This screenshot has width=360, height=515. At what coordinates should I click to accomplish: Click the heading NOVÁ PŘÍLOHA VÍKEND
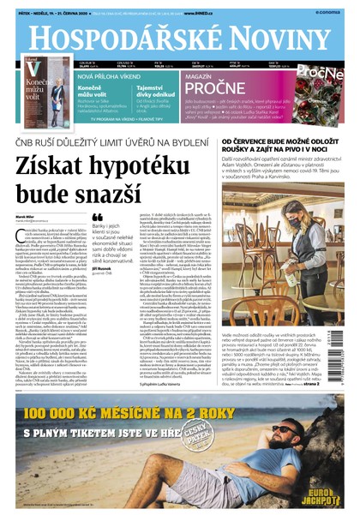[x=100, y=76]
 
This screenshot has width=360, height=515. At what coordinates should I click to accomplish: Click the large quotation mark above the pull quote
[x=97, y=217]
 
